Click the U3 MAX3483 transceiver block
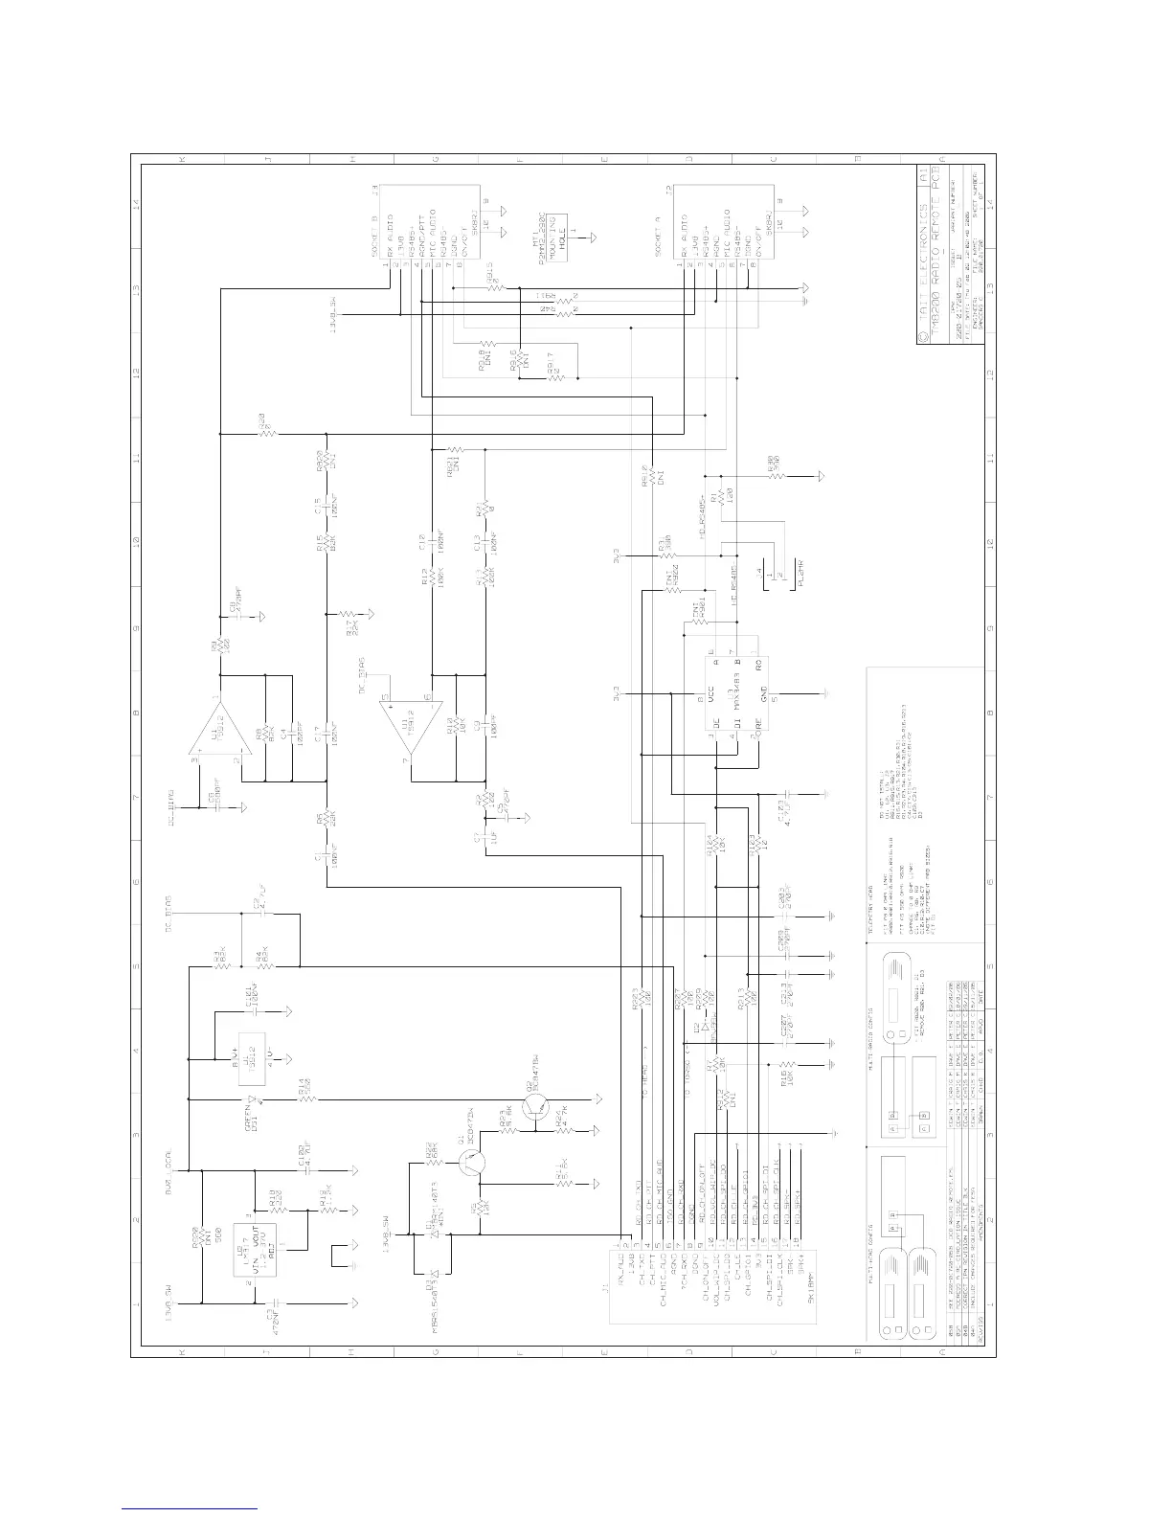[x=736, y=696]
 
